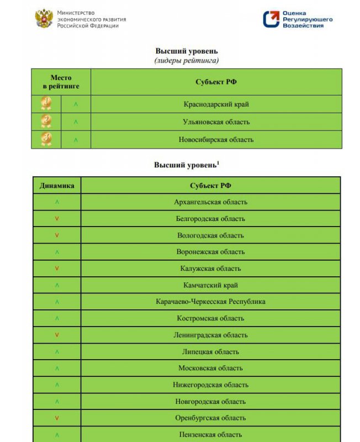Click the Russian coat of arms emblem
click(44, 18)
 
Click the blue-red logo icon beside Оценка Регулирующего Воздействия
click(271, 19)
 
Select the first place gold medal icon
click(46, 103)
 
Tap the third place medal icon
click(46, 139)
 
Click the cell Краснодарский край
click(216, 104)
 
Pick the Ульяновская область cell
click(216, 122)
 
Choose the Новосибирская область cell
click(216, 139)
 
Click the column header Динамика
click(57, 186)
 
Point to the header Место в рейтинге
click(61, 82)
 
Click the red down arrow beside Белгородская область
click(57, 219)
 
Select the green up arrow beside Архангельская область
click(57, 202)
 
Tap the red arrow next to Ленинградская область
click(57, 335)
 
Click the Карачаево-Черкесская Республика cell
click(210, 302)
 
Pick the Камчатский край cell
click(210, 285)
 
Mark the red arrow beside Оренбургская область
click(57, 418)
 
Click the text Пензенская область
click(210, 435)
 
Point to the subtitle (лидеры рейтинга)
click(187, 60)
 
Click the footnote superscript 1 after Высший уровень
click(218, 162)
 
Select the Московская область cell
click(210, 368)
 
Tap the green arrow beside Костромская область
click(57, 318)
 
